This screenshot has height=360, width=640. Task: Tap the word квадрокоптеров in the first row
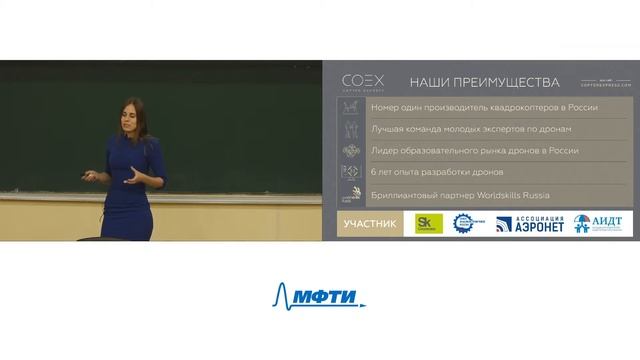pyautogui.click(x=521, y=107)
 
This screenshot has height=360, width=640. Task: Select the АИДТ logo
pyautogui.click(x=598, y=223)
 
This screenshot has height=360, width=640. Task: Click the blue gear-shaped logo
pyautogui.click(x=469, y=224)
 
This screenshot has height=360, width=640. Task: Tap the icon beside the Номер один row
pyautogui.click(x=350, y=107)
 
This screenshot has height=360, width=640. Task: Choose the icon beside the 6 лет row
pyautogui.click(x=350, y=173)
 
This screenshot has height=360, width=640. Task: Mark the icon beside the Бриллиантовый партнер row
pyautogui.click(x=350, y=195)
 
